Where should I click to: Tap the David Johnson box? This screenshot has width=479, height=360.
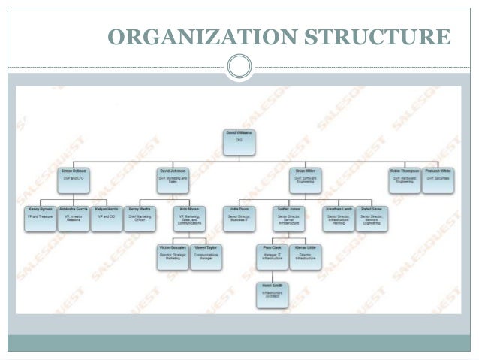point(173,180)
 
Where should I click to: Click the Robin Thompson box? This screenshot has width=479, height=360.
point(404,180)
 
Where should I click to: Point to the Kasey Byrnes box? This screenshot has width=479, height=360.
point(40,218)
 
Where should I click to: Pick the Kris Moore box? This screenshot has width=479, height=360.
point(190,218)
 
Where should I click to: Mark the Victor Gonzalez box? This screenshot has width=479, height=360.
point(173,257)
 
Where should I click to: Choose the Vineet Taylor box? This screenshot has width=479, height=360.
point(206,257)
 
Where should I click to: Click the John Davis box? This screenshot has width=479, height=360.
point(239,218)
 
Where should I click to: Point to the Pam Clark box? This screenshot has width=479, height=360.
point(272,257)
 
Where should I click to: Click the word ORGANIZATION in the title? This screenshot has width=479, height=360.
point(195,35)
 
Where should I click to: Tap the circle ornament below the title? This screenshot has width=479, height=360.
point(239,67)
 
